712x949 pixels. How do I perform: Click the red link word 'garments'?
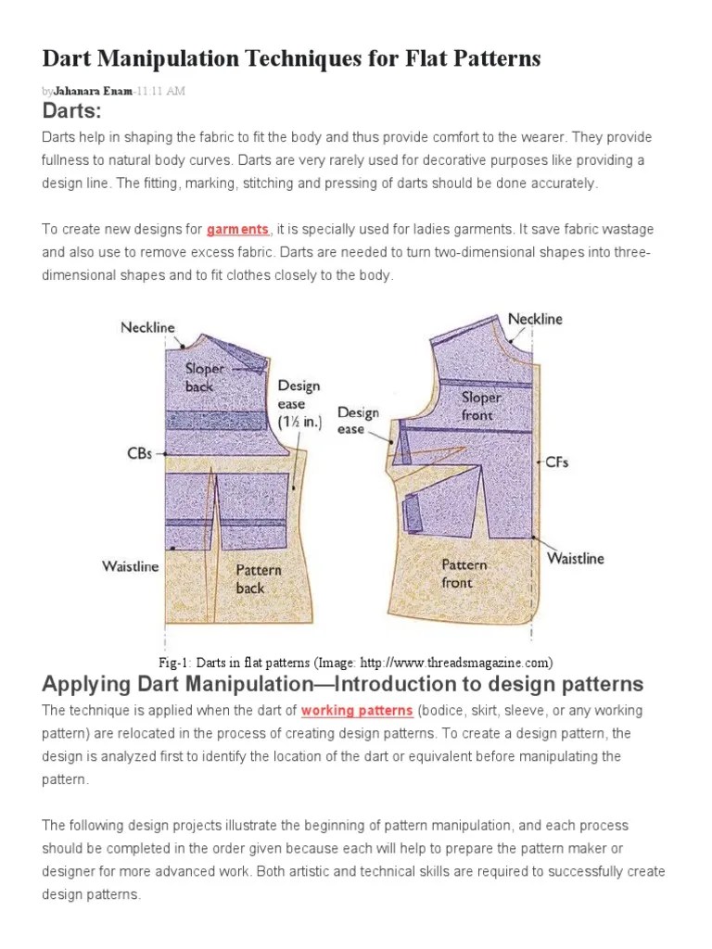238,229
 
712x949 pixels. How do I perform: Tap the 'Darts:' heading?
71,112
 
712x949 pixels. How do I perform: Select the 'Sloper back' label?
205,377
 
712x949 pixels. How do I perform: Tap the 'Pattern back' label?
258,579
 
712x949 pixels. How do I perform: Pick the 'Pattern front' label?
464,574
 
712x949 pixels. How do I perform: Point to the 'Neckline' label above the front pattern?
535,319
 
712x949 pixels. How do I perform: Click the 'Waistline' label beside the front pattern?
575,558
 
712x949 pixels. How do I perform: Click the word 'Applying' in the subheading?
86,685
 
